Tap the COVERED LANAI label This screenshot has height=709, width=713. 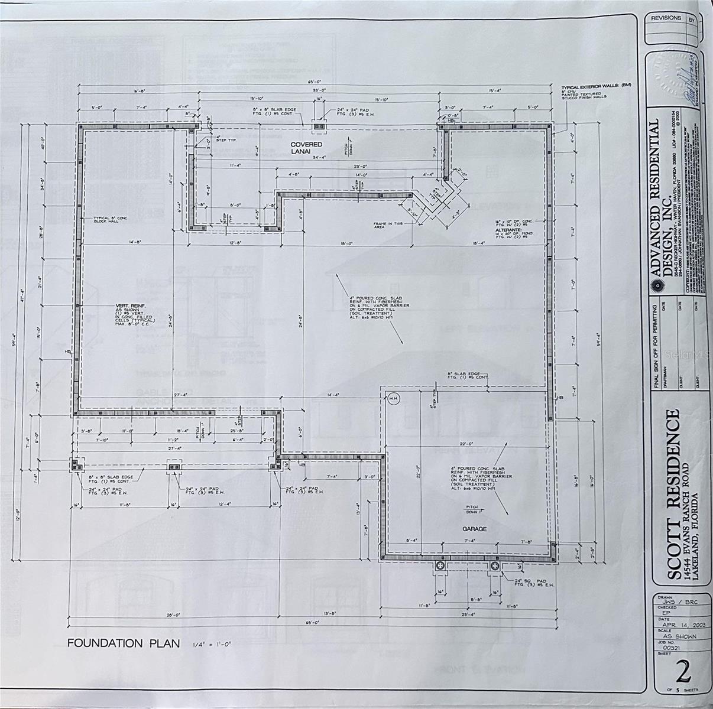[306, 148]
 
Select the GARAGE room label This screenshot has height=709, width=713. [475, 529]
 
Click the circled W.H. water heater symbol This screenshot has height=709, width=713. [393, 399]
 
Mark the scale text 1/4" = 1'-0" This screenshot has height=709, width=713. [212, 643]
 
